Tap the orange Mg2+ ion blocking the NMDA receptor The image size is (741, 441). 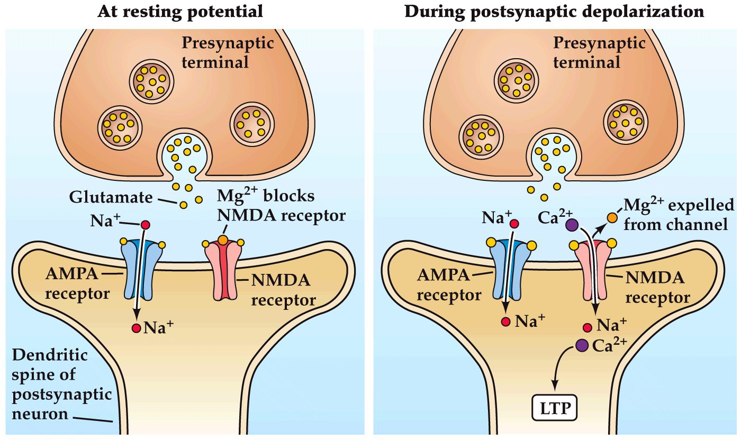tap(223, 240)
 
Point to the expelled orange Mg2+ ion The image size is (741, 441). tap(612, 217)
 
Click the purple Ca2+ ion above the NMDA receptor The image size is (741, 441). tap(571, 225)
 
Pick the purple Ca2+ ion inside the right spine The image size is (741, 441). tap(581, 345)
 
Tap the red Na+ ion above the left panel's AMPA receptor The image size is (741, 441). tap(144, 225)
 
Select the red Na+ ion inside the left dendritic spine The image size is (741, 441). tap(137, 328)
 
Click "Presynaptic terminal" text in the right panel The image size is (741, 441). tap(598, 53)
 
